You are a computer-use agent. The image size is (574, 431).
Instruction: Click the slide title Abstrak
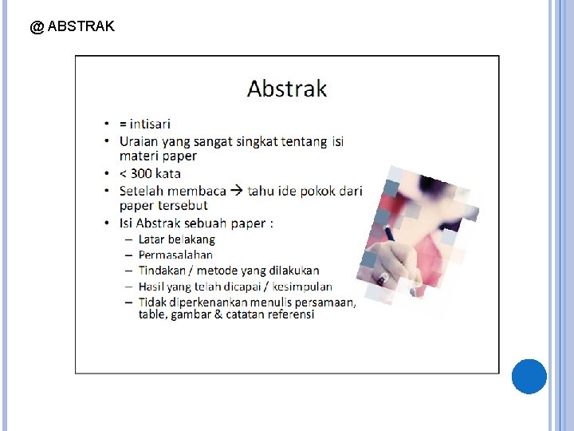[287, 88]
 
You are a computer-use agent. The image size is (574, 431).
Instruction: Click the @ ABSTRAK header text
[72, 26]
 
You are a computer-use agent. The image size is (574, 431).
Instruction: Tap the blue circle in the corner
[529, 376]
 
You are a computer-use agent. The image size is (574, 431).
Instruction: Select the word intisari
[150, 124]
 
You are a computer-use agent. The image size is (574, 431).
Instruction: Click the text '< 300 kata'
[150, 173]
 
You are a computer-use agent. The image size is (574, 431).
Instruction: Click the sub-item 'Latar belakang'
[176, 239]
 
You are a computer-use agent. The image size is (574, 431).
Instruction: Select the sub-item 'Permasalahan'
[175, 255]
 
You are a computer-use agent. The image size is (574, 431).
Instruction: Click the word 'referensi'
[290, 314]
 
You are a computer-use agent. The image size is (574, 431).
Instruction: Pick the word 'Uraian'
[139, 141]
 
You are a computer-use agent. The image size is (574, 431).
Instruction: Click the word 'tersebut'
[183, 205]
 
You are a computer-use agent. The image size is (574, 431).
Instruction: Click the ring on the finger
[383, 278]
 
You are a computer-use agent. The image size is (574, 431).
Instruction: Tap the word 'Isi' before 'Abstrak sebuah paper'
[126, 223]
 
